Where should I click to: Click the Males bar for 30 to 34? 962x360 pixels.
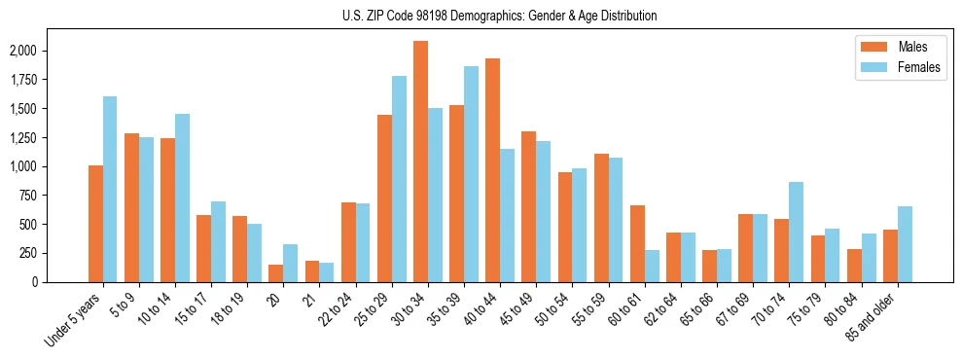421,162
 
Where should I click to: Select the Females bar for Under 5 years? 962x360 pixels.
110,189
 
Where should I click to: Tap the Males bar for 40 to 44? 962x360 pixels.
493,170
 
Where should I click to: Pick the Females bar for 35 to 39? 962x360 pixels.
472,174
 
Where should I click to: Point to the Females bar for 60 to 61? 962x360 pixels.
652,266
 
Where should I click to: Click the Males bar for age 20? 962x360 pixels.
276,273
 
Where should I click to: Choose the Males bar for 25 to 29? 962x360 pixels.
385,198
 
